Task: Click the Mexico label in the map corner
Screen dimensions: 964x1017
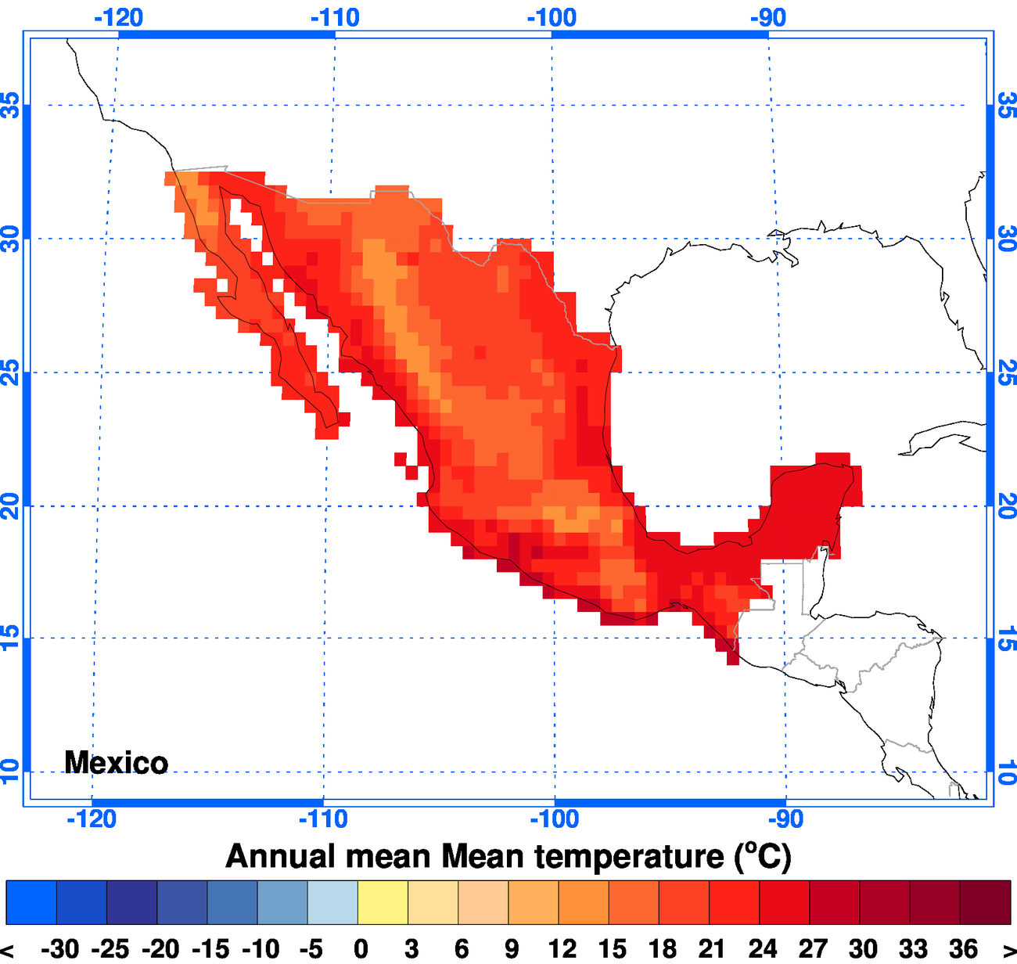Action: (116, 762)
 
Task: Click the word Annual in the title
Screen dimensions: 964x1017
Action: (280, 856)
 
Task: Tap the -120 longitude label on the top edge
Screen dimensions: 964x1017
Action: (118, 17)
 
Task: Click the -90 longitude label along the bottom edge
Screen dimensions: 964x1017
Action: (785, 818)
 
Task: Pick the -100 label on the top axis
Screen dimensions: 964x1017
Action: (552, 17)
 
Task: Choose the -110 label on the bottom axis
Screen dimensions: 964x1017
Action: (323, 818)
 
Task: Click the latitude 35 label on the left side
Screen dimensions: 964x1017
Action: (10, 105)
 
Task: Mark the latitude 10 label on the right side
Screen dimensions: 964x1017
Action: (1007, 772)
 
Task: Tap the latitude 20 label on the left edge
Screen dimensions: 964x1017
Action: (10, 506)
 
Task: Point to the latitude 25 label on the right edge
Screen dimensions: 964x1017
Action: (1007, 372)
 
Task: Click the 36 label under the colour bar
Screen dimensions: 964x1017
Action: (963, 949)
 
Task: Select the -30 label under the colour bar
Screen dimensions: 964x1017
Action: (59, 949)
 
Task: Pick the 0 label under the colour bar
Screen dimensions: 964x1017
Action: (361, 949)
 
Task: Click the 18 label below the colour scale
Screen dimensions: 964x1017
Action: (662, 949)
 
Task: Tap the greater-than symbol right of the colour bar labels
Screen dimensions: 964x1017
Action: (1008, 949)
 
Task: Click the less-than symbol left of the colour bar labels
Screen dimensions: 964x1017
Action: (7, 949)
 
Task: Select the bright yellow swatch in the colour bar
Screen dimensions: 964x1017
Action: (383, 902)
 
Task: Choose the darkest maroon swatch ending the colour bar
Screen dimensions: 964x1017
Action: (985, 902)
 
